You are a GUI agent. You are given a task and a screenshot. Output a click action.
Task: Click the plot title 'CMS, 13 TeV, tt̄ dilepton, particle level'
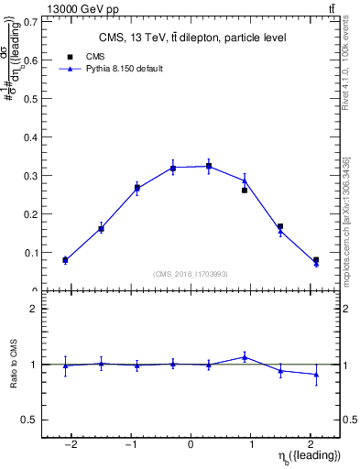(x=191, y=38)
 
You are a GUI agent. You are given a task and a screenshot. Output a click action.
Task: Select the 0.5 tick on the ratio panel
(x=32, y=420)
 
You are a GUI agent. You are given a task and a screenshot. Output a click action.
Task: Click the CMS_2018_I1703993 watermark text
(x=191, y=274)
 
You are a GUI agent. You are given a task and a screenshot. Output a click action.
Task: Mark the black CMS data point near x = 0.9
(x=245, y=190)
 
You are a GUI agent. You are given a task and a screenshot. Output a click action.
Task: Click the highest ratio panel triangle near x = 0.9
(x=245, y=357)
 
